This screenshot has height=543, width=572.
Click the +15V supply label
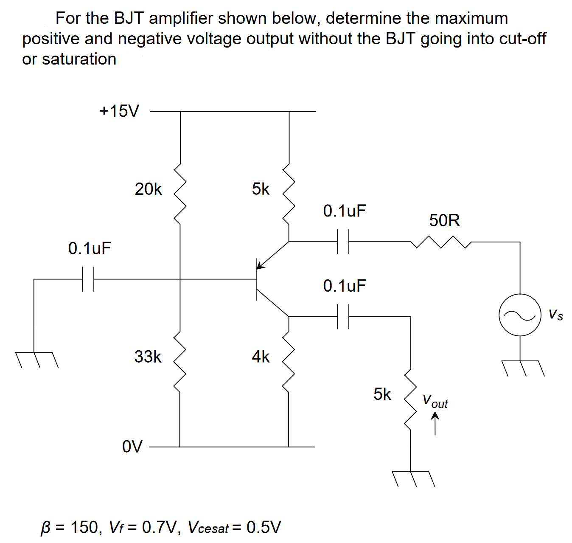pos(119,111)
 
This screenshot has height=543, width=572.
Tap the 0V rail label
pos(132,447)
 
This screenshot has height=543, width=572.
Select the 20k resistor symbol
pos(180,193)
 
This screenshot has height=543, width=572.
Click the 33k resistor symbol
pos(180,361)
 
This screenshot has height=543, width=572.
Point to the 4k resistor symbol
pos(289,361)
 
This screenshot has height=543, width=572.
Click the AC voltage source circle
pos(520,315)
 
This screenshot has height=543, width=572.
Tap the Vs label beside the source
pos(555,315)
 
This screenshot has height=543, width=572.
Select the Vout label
pos(435,401)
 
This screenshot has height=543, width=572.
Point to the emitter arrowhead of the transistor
pos(261,265)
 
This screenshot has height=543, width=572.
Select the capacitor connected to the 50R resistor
pos(343,242)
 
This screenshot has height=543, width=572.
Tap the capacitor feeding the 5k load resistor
pos(343,316)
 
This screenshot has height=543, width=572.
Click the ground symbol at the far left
pos(36,359)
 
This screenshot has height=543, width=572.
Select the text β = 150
pos(70,527)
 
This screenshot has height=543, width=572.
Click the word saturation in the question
pos(79,59)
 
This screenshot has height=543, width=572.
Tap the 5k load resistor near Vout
pos(410,399)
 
